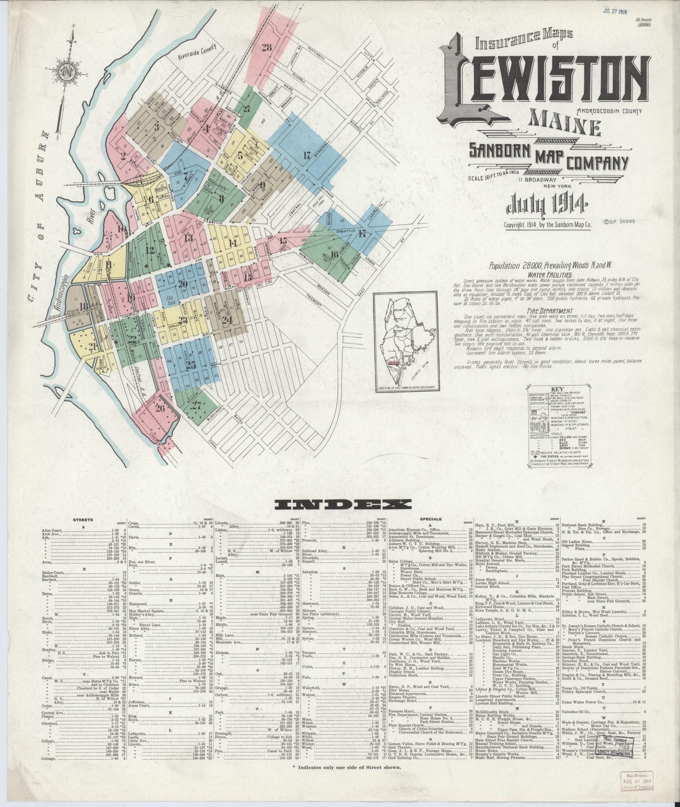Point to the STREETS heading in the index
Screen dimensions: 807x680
tap(83, 520)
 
